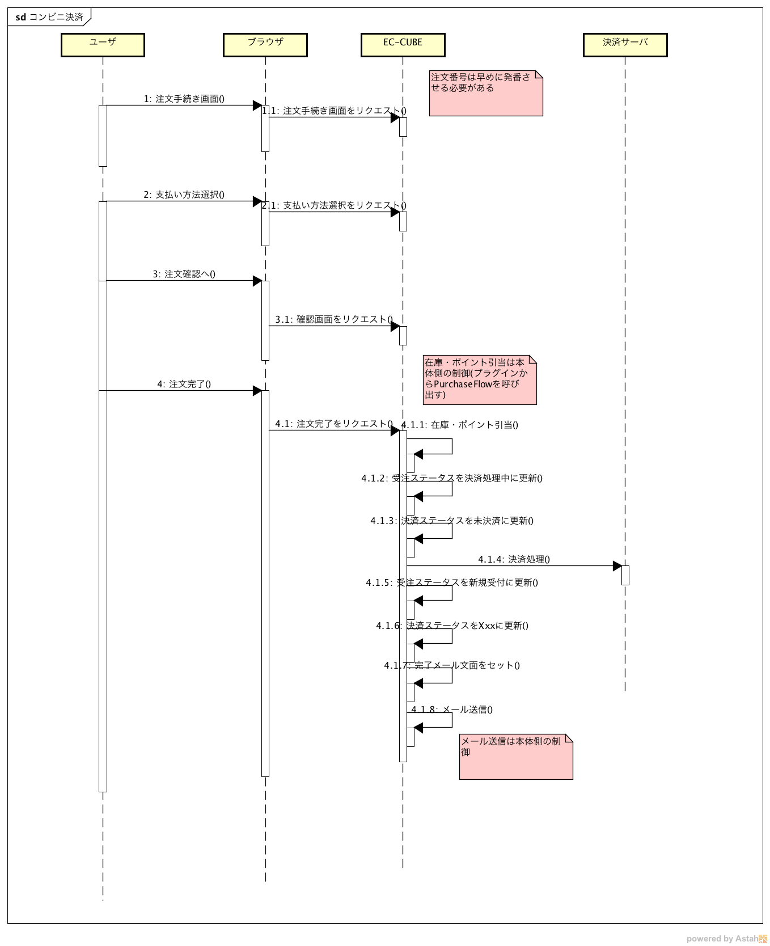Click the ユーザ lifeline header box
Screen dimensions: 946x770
(103, 45)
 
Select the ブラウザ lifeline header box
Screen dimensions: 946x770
(265, 45)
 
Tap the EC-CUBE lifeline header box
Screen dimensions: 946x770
(403, 45)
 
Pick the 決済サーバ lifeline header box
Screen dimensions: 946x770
(625, 45)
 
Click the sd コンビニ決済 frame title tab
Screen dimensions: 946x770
(49, 17)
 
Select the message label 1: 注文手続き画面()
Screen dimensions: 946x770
(184, 99)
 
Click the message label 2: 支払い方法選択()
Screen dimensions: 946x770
(184, 195)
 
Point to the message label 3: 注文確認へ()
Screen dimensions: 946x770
(184, 274)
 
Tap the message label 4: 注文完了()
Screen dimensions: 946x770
(184, 384)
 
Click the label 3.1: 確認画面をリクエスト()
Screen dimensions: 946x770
(334, 319)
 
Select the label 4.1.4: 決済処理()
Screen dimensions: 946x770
(514, 559)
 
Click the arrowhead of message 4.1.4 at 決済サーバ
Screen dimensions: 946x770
(617, 566)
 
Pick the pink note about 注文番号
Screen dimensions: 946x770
(485, 93)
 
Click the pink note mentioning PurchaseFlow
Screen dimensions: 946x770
(479, 379)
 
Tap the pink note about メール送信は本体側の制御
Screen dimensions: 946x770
(515, 757)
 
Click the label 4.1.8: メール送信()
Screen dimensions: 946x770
(452, 709)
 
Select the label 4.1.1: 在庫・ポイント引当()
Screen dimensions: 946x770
(459, 425)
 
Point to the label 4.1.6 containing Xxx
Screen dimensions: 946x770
(452, 626)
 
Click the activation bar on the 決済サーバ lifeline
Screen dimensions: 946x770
(625, 575)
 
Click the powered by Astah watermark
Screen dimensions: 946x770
(726, 939)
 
